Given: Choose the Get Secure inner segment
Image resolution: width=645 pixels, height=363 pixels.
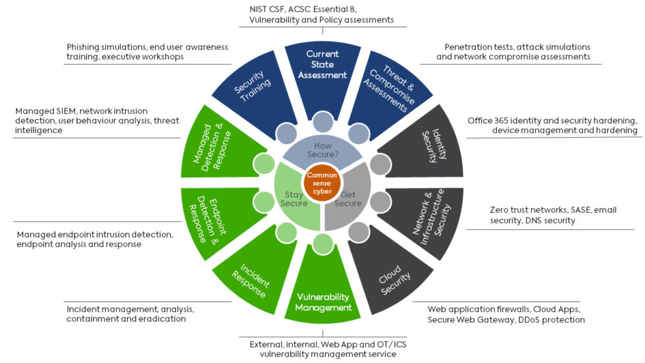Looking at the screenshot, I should (x=349, y=198).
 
